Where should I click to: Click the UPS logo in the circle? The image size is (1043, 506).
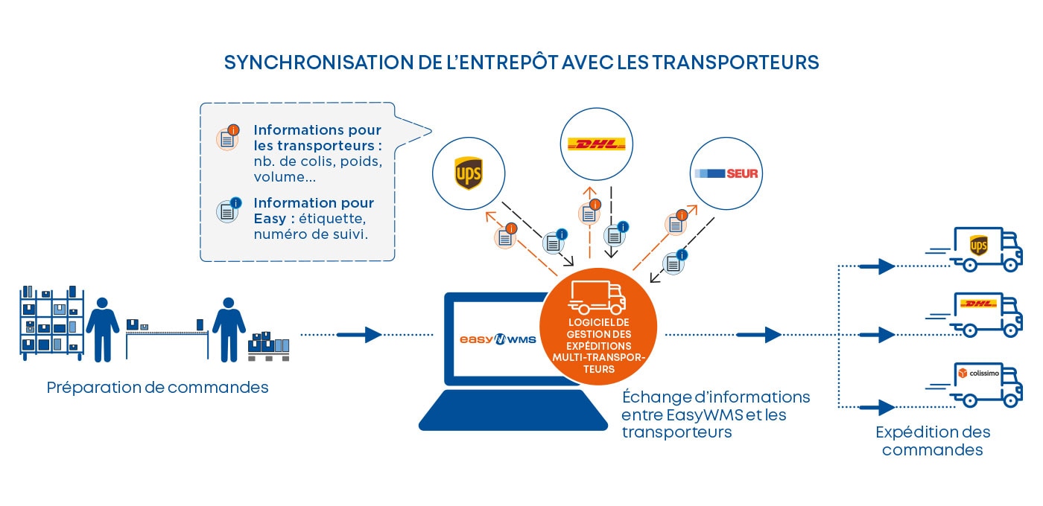pos(469,173)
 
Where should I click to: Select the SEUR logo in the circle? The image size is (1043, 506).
pos(726,173)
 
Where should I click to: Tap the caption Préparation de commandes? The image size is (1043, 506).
pos(157,388)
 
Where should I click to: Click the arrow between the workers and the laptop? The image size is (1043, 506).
pos(364,335)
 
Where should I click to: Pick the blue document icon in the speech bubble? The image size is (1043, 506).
pos(227,211)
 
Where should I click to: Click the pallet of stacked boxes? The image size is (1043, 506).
pos(268,347)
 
